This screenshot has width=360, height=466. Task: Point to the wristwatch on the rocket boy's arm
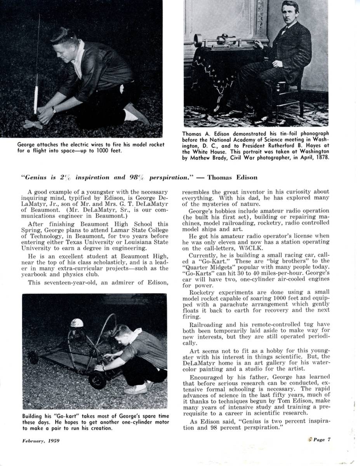pyautogui.click(x=54, y=110)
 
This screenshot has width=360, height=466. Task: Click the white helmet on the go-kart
pyautogui.click(x=77, y=323)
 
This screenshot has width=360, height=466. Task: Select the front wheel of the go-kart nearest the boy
pyautogui.click(x=97, y=380)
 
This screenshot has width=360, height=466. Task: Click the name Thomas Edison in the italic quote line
pyautogui.click(x=232, y=177)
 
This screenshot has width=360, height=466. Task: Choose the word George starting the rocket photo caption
pyautogui.click(x=28, y=144)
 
